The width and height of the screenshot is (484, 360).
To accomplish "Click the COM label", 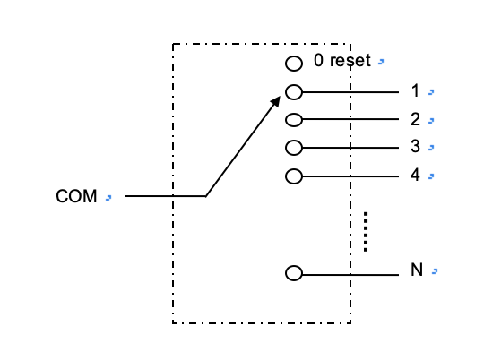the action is pyautogui.click(x=76, y=196).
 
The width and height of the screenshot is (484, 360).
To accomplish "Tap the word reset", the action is pyautogui.click(x=350, y=61).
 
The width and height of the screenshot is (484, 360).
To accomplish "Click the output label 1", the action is pyautogui.click(x=416, y=90).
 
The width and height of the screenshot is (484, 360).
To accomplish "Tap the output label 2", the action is pyautogui.click(x=416, y=119).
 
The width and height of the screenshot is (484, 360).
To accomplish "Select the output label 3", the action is pyautogui.click(x=416, y=146).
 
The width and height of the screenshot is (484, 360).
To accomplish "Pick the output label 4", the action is pyautogui.click(x=415, y=175).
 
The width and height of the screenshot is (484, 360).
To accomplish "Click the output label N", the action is pyautogui.click(x=417, y=270).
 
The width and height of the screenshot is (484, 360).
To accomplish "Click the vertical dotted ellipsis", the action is pyautogui.click(x=366, y=232).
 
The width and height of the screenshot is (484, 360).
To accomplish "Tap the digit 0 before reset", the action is pyautogui.click(x=318, y=60).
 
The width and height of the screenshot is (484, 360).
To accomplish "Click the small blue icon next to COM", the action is pyautogui.click(x=108, y=198).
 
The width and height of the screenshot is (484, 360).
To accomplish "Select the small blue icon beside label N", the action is pyautogui.click(x=435, y=271).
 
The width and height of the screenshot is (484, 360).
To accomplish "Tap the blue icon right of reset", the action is pyautogui.click(x=381, y=62).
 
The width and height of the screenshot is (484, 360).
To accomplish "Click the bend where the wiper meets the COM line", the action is pyautogui.click(x=205, y=196).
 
